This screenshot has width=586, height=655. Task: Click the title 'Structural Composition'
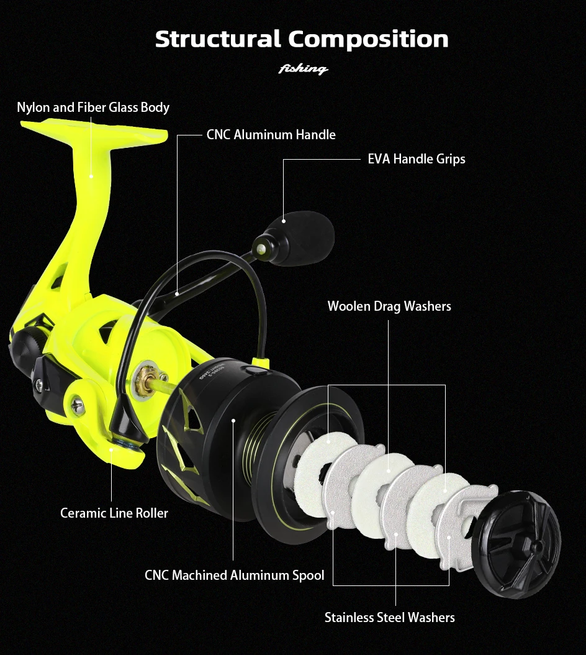(x=302, y=39)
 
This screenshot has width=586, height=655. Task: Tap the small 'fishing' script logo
(x=303, y=68)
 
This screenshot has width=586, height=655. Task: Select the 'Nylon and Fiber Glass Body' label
(x=93, y=108)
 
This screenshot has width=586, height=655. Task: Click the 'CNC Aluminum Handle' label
(x=271, y=134)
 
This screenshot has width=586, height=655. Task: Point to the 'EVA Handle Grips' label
(x=416, y=158)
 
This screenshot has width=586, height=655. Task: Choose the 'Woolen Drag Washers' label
(x=389, y=306)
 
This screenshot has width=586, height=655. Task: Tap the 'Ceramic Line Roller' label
(x=114, y=513)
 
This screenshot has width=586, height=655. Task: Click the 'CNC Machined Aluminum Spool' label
(x=234, y=575)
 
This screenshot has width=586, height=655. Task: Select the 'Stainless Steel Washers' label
(x=389, y=617)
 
